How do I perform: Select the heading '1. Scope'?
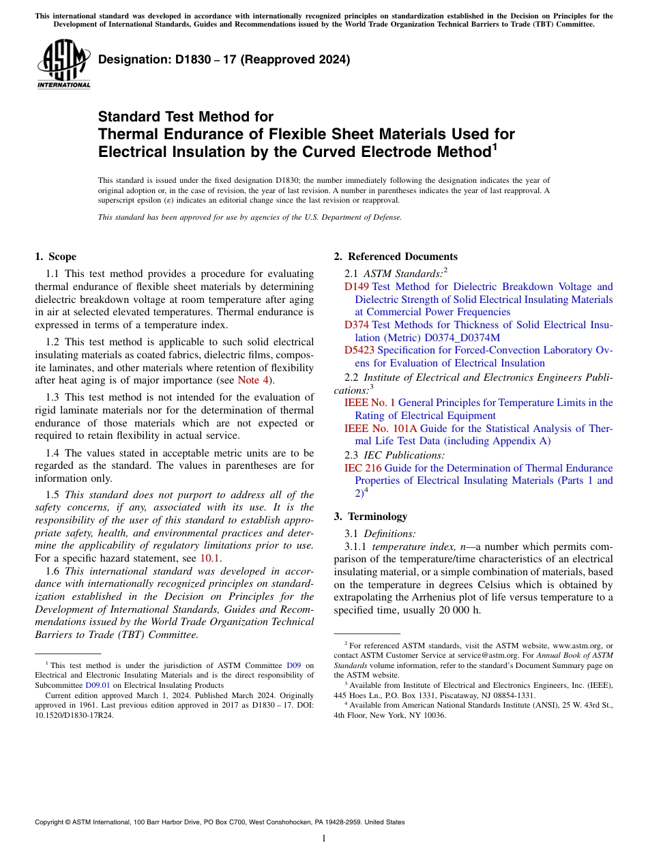pyautogui.click(x=55, y=257)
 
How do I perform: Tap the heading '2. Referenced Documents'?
pyautogui.click(x=396, y=257)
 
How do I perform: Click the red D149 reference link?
pyautogui.click(x=357, y=287)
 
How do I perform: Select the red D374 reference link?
pyautogui.click(x=357, y=325)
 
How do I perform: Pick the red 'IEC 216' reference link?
pyautogui.click(x=363, y=468)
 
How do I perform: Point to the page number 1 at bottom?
pyautogui.click(x=324, y=838)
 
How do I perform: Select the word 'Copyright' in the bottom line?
pyautogui.click(x=53, y=822)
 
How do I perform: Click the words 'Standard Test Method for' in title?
pyautogui.click(x=186, y=117)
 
